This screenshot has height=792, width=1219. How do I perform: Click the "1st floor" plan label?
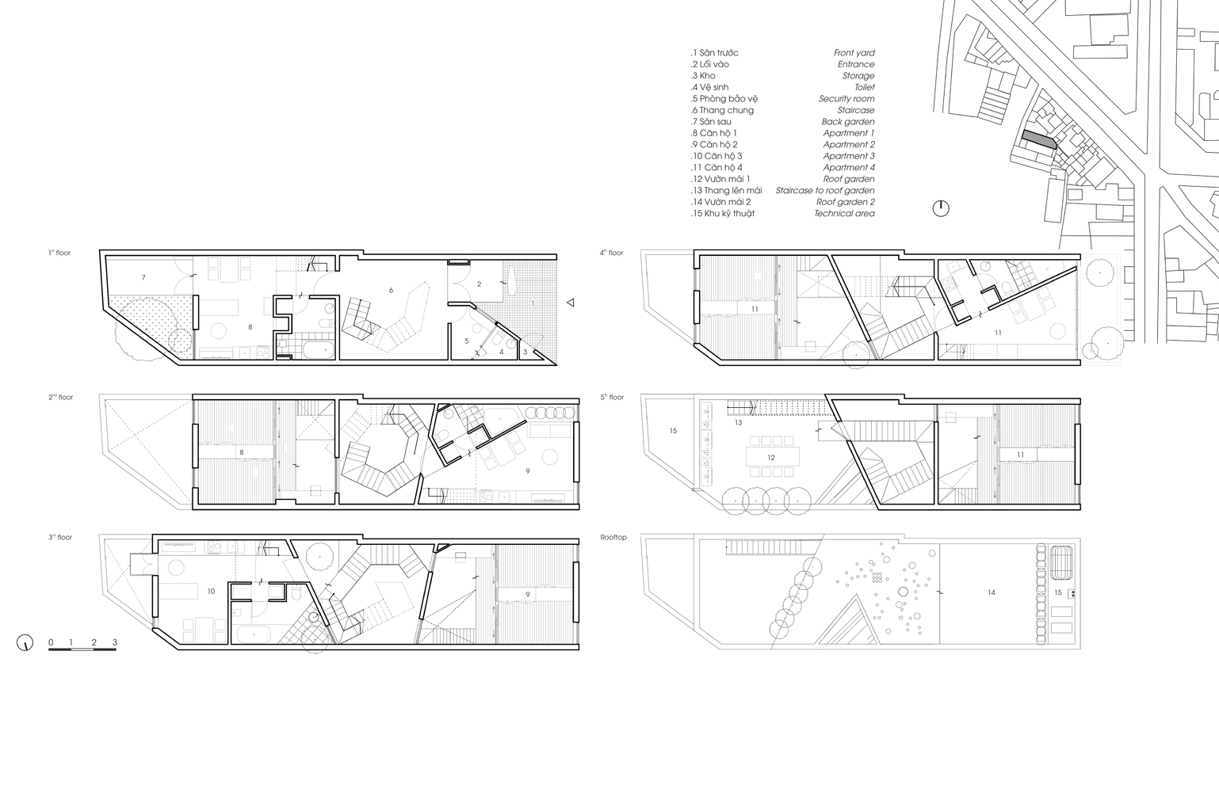(59, 253)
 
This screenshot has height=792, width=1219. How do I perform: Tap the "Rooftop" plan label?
(613, 538)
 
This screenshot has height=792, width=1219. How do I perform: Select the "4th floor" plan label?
(611, 253)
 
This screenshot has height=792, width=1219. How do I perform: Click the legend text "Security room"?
(846, 98)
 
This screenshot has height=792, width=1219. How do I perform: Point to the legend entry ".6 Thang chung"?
(722, 110)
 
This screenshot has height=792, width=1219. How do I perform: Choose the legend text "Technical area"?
(844, 213)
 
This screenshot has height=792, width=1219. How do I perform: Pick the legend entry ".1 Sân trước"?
(715, 53)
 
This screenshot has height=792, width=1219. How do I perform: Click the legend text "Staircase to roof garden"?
(825, 190)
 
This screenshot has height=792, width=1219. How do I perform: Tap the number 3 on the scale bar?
(115, 642)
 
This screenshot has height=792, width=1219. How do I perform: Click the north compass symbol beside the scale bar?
(25, 642)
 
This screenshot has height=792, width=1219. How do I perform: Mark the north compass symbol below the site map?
(941, 208)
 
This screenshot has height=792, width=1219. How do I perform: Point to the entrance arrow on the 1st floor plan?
(571, 303)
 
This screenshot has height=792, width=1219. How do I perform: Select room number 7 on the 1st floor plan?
(143, 278)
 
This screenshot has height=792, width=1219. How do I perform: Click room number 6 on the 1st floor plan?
(391, 291)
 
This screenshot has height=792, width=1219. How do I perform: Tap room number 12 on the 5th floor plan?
(770, 458)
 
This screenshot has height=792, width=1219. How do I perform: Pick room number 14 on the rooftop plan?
(991, 592)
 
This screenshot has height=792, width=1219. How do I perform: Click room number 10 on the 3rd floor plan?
(211, 592)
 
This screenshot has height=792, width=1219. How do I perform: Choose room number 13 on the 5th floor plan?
(738, 423)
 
